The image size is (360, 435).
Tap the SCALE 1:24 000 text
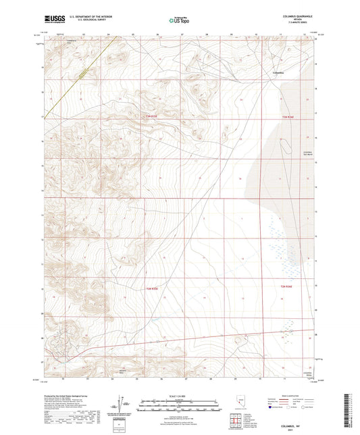tap(179, 395)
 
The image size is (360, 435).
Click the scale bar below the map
tap(179, 405)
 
